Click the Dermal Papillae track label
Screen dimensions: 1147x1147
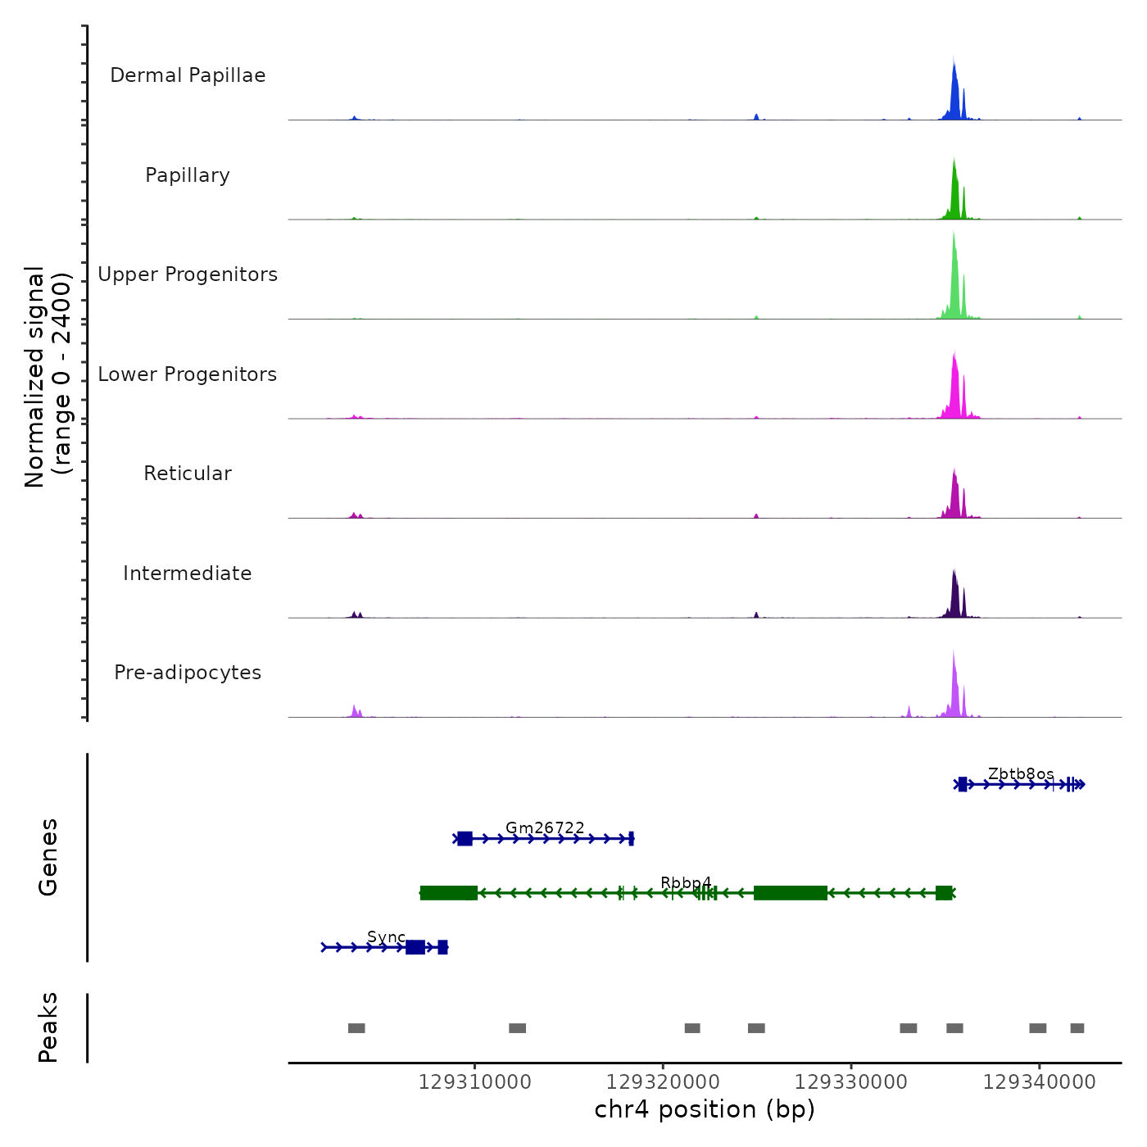pos(188,75)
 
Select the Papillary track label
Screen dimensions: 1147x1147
pos(188,175)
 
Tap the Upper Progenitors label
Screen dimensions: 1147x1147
pos(188,274)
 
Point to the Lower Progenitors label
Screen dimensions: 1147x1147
pos(188,374)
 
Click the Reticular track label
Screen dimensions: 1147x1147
pos(188,474)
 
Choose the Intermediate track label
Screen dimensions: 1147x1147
pos(188,573)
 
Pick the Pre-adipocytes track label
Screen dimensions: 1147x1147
pos(188,673)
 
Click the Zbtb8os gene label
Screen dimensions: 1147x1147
pos(1021,774)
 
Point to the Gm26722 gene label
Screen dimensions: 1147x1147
pos(545,828)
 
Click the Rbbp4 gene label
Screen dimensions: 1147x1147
pos(686,882)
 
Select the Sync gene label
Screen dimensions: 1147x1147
pos(386,937)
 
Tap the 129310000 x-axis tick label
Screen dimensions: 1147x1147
pos(475,1082)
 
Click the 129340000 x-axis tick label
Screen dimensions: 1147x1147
pos(1039,1082)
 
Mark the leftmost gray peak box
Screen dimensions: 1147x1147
pos(356,1028)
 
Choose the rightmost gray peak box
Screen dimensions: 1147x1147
pos(1077,1028)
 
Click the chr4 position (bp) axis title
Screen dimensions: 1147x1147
pos(705,1109)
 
